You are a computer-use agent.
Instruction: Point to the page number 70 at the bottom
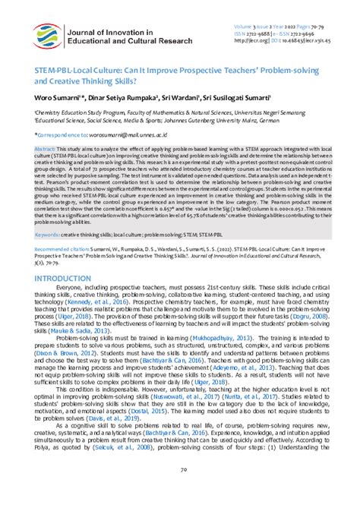coord(180,491)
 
